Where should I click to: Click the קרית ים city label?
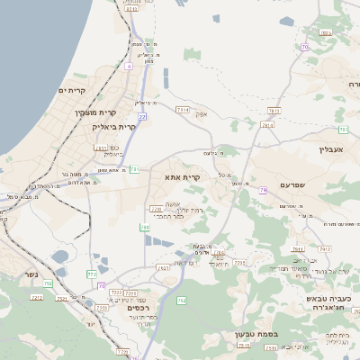(x=71, y=91)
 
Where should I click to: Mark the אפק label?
(x=201, y=113)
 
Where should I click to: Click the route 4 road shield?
(x=129, y=66)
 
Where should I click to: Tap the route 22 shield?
(x=143, y=116)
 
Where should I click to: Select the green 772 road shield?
(x=91, y=273)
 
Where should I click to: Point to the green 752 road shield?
(x=49, y=283)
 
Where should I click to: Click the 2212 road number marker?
(x=130, y=292)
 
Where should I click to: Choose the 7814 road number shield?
(x=266, y=126)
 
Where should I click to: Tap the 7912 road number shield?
(x=324, y=248)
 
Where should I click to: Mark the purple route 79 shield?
(x=262, y=191)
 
